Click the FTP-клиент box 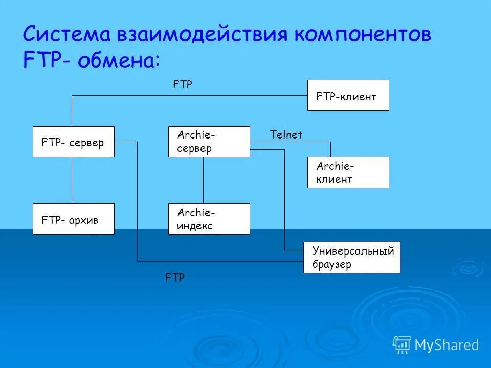348,96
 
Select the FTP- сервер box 73,142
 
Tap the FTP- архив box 73,219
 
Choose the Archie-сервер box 209,142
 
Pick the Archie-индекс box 209,219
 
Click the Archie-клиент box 348,172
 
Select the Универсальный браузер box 351,258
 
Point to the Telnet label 286,135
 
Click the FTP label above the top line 183,85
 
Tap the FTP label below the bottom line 175,278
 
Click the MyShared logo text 447,346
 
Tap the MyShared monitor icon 402,344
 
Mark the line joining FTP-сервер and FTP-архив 72,180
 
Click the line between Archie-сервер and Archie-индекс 204,180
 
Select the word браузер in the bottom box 331,265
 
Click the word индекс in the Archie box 195,226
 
